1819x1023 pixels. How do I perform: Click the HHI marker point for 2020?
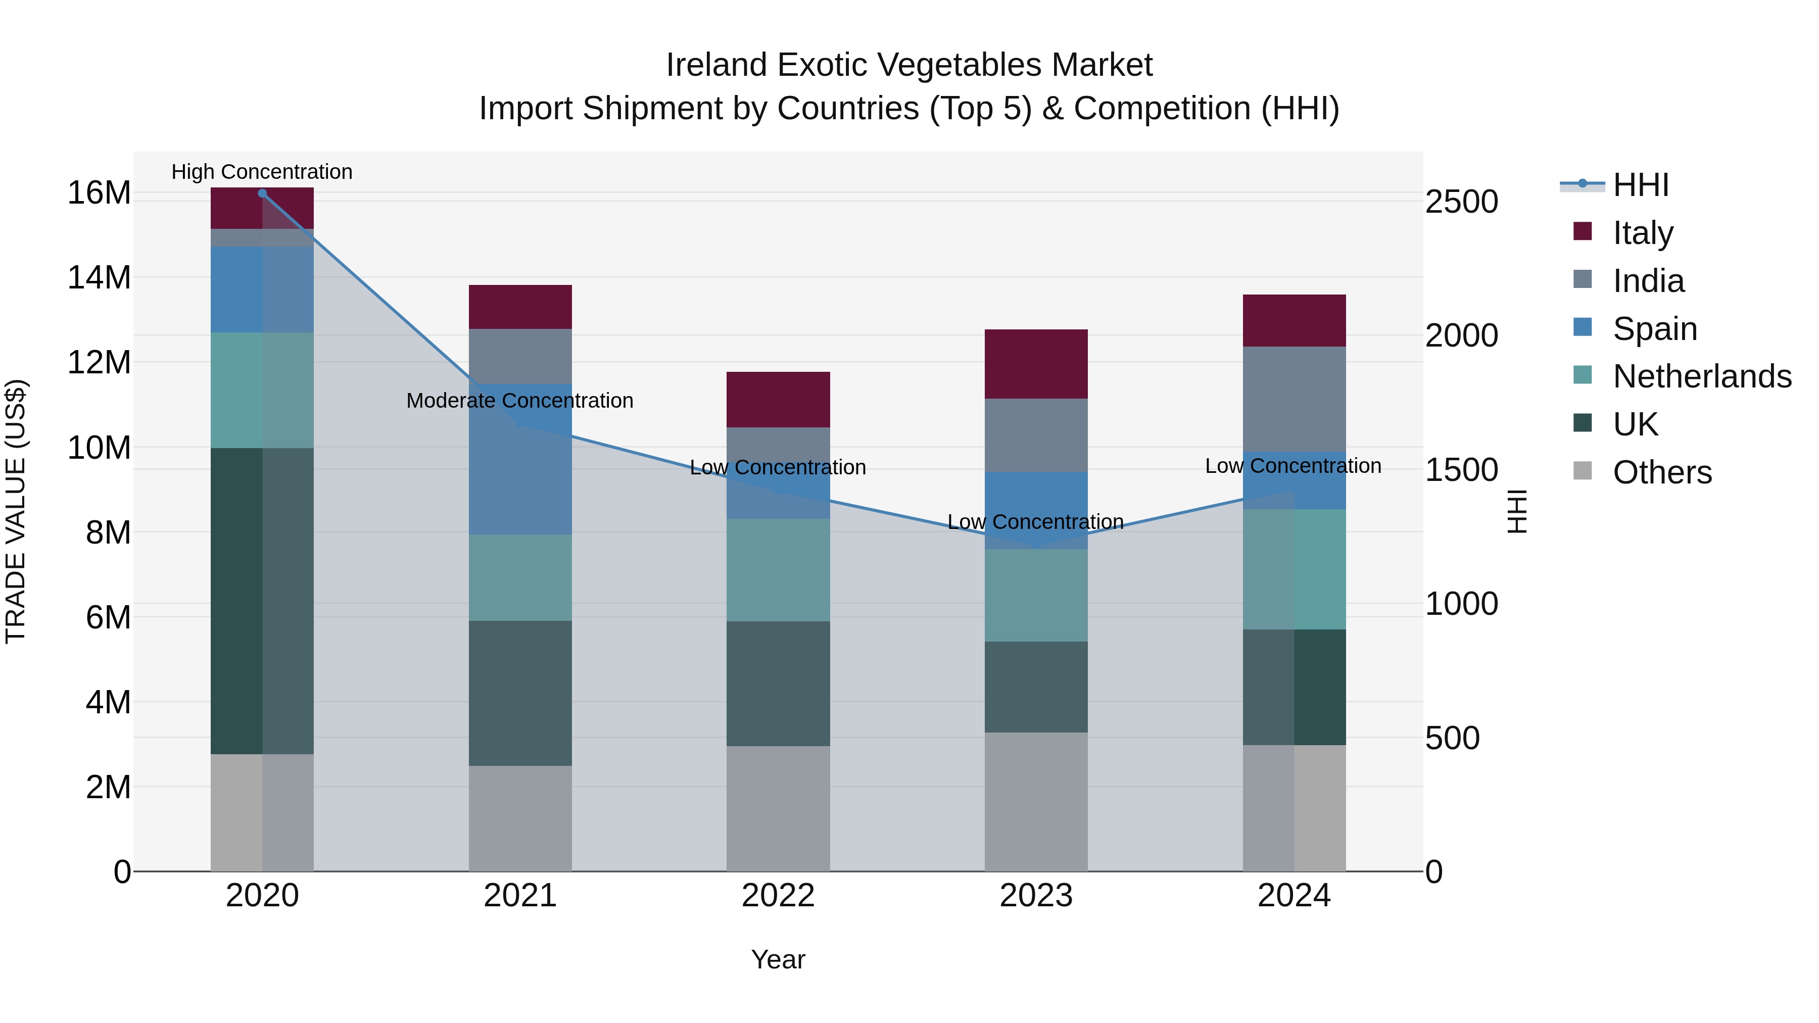click(x=262, y=193)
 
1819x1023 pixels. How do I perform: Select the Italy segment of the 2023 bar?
click(x=1035, y=364)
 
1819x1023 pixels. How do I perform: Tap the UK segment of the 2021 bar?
click(x=520, y=693)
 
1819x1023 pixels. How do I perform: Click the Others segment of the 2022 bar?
click(x=778, y=808)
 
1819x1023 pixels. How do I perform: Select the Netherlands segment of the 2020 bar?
click(x=262, y=389)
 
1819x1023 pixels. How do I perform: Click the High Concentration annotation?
click(x=262, y=172)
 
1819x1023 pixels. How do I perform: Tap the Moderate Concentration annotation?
click(x=520, y=400)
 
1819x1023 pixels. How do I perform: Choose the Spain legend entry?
click(x=1654, y=328)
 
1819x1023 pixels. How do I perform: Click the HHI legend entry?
click(x=1640, y=185)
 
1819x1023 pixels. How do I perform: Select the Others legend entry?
click(x=1661, y=472)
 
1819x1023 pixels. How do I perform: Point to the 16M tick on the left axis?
click(x=99, y=193)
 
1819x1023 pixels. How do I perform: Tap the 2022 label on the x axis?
click(x=778, y=896)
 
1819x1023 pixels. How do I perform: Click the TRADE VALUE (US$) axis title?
click(x=16, y=511)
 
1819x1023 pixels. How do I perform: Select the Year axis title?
click(x=778, y=959)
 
